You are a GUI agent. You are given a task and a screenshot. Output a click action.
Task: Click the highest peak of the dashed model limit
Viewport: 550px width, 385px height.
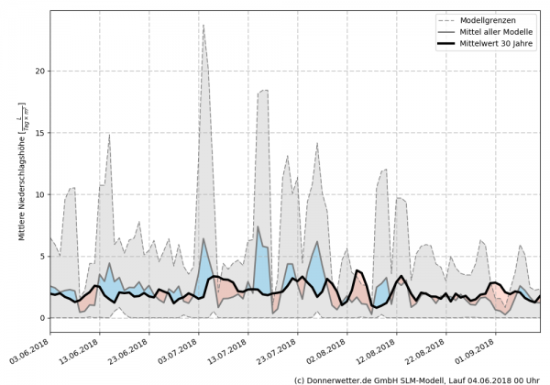(x=229, y=25)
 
